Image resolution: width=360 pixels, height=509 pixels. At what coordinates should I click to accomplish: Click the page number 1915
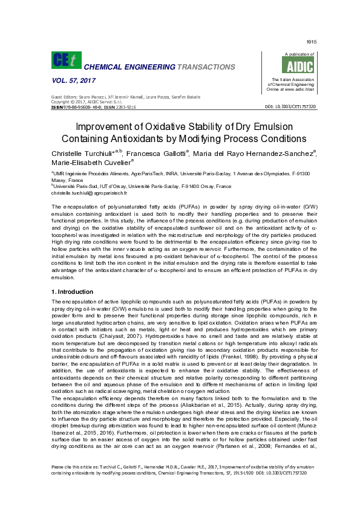point(312,42)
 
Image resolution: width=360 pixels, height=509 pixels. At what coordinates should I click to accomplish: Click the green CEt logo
point(66,60)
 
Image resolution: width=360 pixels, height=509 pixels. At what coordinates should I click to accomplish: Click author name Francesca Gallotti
point(160,154)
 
